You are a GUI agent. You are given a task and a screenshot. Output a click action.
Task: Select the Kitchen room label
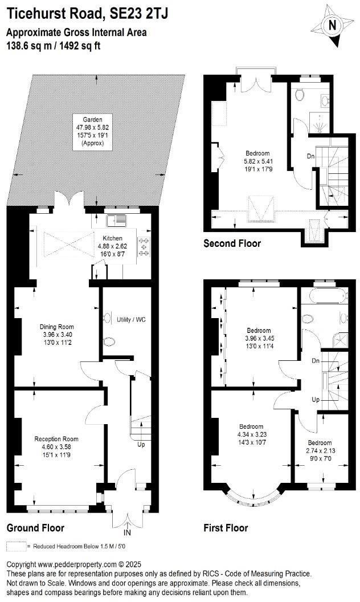pos(113,238)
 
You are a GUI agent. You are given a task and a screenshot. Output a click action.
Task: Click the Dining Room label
pos(56,327)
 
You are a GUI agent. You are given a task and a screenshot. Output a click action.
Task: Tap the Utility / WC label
pos(131,319)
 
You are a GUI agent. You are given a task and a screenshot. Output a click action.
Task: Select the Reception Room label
pos(56,439)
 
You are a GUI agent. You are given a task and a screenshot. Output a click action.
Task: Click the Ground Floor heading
pos(35,528)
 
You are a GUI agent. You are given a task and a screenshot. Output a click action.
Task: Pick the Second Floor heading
pos(232,243)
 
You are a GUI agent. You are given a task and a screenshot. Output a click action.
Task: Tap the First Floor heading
pos(226,528)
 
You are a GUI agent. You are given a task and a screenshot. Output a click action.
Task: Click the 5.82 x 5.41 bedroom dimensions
pos(257,161)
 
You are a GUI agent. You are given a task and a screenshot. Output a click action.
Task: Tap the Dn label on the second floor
pos(310,156)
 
